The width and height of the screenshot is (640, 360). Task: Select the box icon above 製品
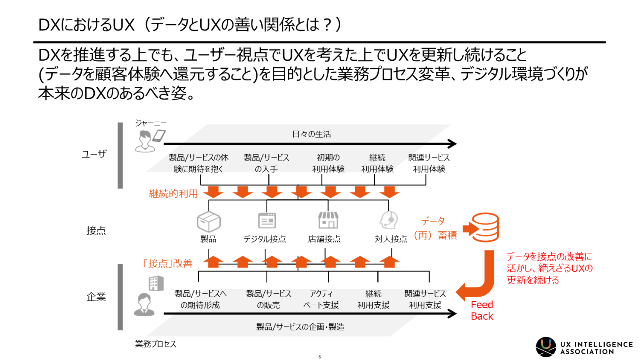click(208, 220)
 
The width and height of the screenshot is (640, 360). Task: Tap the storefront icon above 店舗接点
click(328, 220)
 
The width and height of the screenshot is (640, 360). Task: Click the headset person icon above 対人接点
click(389, 220)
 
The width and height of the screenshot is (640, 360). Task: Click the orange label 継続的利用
click(174, 193)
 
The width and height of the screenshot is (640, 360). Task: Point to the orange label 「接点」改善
click(167, 263)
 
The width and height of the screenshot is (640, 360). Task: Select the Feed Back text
click(482, 310)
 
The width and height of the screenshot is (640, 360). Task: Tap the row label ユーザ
click(94, 154)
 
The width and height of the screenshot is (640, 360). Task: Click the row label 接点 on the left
click(96, 231)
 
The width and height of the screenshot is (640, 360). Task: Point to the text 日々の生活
click(311, 134)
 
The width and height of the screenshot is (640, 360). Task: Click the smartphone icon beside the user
click(158, 135)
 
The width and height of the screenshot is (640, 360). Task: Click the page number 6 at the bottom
click(319, 357)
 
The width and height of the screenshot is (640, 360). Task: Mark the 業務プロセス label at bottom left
click(155, 344)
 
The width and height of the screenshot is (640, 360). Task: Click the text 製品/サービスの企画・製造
click(300, 327)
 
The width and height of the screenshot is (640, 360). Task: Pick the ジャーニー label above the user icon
click(151, 123)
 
